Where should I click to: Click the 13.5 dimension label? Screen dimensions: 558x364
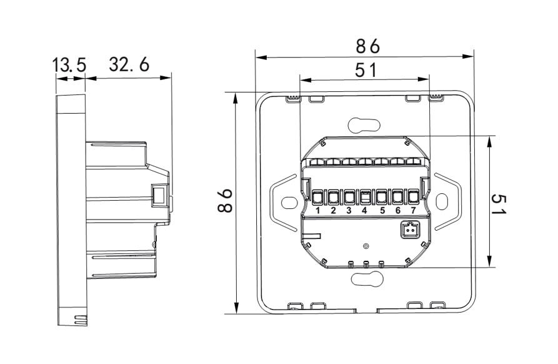pos(69,66)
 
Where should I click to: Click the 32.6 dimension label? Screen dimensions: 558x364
pos(129,64)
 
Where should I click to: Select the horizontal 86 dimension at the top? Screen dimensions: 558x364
pos(368,46)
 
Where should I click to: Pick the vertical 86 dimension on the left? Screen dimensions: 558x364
pos(226,201)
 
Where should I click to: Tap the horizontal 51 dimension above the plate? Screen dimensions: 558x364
pos(366,70)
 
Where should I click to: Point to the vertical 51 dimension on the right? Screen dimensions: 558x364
pos(499,204)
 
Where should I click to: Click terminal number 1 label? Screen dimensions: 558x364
pos(318,211)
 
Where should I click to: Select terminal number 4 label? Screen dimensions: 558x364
pos(364,211)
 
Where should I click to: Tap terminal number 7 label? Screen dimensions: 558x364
pos(413,211)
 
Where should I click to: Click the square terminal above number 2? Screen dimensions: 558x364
pos(333,197)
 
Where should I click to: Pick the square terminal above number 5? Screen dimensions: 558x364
pos(382,197)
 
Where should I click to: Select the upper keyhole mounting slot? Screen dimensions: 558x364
pos(364,125)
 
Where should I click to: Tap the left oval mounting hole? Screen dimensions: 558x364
pos(289,203)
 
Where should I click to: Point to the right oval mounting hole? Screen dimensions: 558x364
pos(442,201)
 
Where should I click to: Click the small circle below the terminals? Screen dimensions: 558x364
pos(365,246)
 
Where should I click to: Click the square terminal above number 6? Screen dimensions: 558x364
pos(397,197)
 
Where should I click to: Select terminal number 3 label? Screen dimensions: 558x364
pos(349,211)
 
